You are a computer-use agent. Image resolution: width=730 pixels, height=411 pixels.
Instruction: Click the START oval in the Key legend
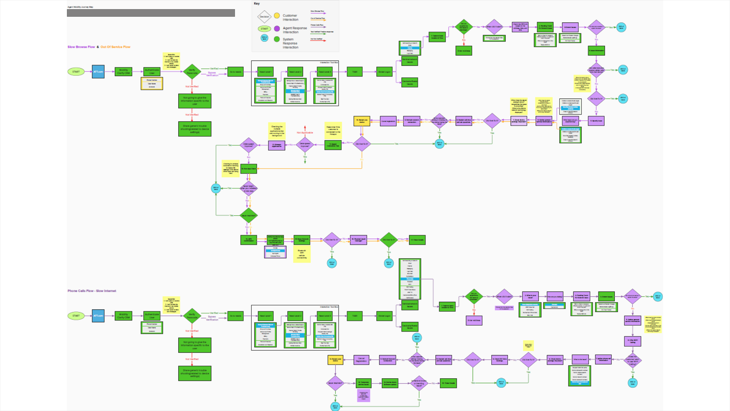(264, 29)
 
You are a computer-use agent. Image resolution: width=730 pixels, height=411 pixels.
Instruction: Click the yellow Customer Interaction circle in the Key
(277, 16)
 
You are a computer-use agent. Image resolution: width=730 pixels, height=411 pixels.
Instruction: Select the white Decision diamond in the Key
(264, 17)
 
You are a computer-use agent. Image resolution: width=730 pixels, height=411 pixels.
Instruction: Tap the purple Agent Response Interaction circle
(277, 29)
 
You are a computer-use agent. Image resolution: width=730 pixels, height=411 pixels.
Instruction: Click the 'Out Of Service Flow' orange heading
(115, 47)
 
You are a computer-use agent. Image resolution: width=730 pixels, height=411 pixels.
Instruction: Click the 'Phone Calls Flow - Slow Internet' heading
(92, 291)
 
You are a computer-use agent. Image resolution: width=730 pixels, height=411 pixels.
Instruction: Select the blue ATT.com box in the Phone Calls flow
(98, 316)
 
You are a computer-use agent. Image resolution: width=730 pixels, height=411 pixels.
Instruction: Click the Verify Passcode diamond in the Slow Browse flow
(192, 72)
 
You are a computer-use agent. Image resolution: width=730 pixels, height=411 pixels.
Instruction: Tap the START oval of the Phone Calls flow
(76, 316)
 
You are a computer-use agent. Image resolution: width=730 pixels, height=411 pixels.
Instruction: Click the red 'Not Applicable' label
(305, 133)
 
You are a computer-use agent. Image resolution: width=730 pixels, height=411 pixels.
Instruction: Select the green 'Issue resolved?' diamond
(249, 216)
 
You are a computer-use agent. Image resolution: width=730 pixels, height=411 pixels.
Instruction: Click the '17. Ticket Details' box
(417, 240)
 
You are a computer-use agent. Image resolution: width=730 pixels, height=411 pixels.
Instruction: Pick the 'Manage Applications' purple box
(277, 145)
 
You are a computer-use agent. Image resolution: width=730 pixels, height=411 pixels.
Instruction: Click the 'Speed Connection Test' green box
(333, 145)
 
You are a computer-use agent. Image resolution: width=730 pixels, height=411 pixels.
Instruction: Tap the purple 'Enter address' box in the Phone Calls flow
(474, 320)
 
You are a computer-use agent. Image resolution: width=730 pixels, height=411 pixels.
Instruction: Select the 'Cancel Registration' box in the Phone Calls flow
(361, 360)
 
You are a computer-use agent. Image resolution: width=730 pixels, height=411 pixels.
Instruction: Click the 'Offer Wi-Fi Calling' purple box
(632, 341)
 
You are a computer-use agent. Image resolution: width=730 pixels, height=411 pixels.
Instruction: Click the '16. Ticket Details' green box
(449, 383)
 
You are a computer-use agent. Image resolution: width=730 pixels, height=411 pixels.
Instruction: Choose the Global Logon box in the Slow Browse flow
(384, 72)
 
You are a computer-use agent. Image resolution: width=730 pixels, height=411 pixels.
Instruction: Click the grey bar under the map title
(151, 13)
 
